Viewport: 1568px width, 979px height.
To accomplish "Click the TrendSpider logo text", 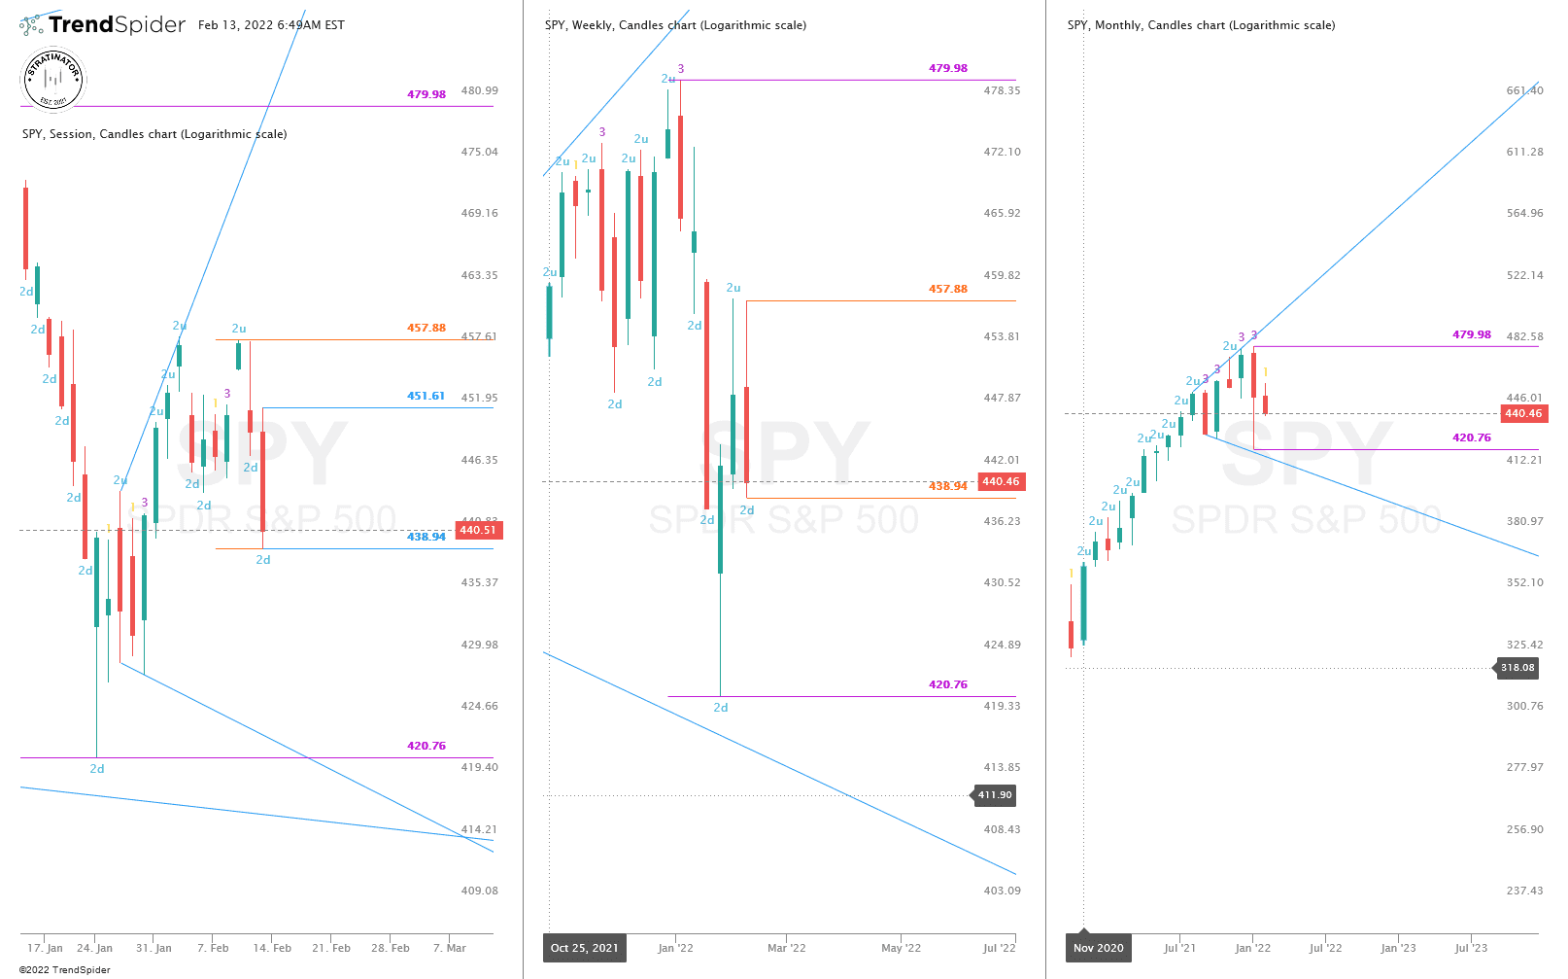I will pos(117,25).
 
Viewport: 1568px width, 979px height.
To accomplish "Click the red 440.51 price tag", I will pos(477,530).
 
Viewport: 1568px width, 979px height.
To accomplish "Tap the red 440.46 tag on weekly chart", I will pos(1000,481).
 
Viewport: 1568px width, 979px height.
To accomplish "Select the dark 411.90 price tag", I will pos(994,795).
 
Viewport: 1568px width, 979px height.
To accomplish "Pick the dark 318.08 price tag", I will pos(1517,668).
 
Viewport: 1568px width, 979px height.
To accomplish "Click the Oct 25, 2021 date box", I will pos(584,948).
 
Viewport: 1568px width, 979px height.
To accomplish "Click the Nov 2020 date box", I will pos(1098,948).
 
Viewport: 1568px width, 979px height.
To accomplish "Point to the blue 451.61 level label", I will pos(426,396).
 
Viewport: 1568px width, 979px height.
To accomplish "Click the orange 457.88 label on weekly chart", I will pos(947,289).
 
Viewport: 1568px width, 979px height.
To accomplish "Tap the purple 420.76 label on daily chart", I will pos(426,746).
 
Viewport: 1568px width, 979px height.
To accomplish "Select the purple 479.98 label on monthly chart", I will pos(1471,334).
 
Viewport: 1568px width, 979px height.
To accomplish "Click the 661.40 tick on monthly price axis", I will pos(1524,90).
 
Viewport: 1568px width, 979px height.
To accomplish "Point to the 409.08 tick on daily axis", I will pos(479,891).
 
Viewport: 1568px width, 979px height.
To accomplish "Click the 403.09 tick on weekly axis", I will pos(1002,891).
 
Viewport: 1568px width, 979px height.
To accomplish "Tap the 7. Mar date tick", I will pos(450,948).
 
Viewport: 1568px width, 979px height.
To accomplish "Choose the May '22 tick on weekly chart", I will pos(901,948).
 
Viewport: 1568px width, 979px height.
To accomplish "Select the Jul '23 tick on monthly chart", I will pos(1471,948).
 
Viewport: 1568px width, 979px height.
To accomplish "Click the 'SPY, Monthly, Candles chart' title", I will pos(1201,25).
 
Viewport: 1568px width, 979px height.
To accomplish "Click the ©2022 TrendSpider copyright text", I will pos(64,969).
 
